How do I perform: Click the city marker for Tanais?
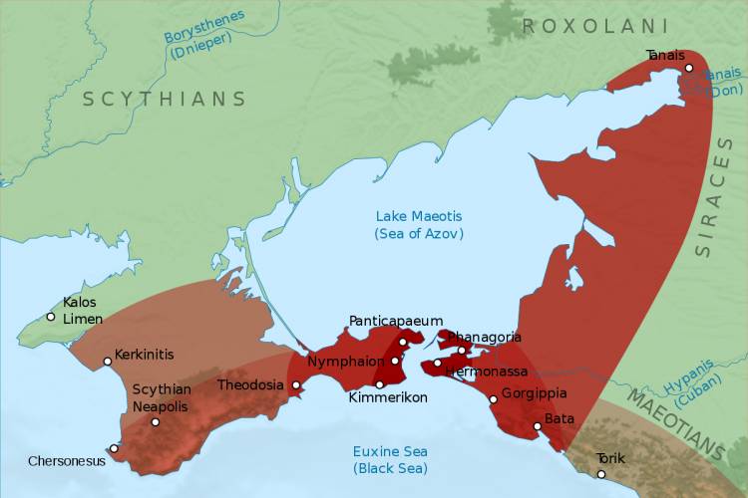click(x=688, y=68)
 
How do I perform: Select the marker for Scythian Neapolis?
click(x=155, y=422)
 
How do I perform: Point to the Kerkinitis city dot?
click(x=108, y=362)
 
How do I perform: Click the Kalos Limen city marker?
click(x=51, y=317)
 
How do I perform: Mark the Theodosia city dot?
click(x=295, y=384)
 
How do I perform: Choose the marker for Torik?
click(x=601, y=473)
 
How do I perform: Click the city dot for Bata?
click(x=538, y=426)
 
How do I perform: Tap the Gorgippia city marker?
click(x=493, y=399)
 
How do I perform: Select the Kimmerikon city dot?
click(x=379, y=384)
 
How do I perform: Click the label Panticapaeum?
click(x=395, y=320)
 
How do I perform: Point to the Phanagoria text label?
click(x=484, y=337)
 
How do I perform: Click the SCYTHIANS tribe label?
click(x=164, y=99)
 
